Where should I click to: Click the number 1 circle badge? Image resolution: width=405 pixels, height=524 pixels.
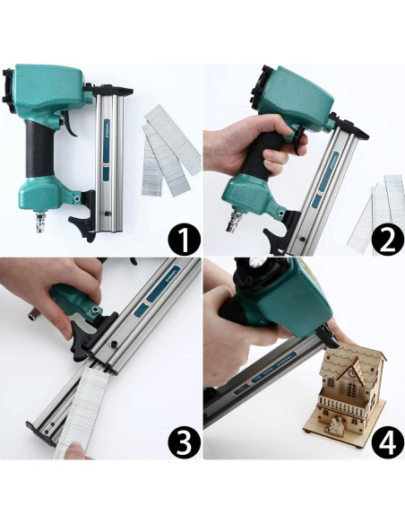click(185, 239)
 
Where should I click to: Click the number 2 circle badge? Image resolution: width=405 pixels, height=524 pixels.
click(388, 239)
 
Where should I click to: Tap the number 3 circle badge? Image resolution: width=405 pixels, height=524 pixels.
click(185, 441)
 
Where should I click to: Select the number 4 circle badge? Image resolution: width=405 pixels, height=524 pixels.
click(388, 441)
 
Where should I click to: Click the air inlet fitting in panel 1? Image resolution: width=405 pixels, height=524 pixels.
click(39, 222)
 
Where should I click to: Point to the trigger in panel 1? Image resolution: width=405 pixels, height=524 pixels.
click(71, 123)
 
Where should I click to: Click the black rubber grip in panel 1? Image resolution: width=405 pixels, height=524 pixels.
click(39, 149)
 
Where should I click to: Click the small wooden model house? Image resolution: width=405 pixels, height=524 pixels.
click(344, 394)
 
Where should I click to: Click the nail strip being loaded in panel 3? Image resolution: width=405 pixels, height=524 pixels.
click(80, 411)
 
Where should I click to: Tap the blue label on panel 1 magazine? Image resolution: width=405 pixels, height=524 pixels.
click(107, 150)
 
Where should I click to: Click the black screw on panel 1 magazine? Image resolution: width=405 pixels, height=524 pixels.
click(108, 214)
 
